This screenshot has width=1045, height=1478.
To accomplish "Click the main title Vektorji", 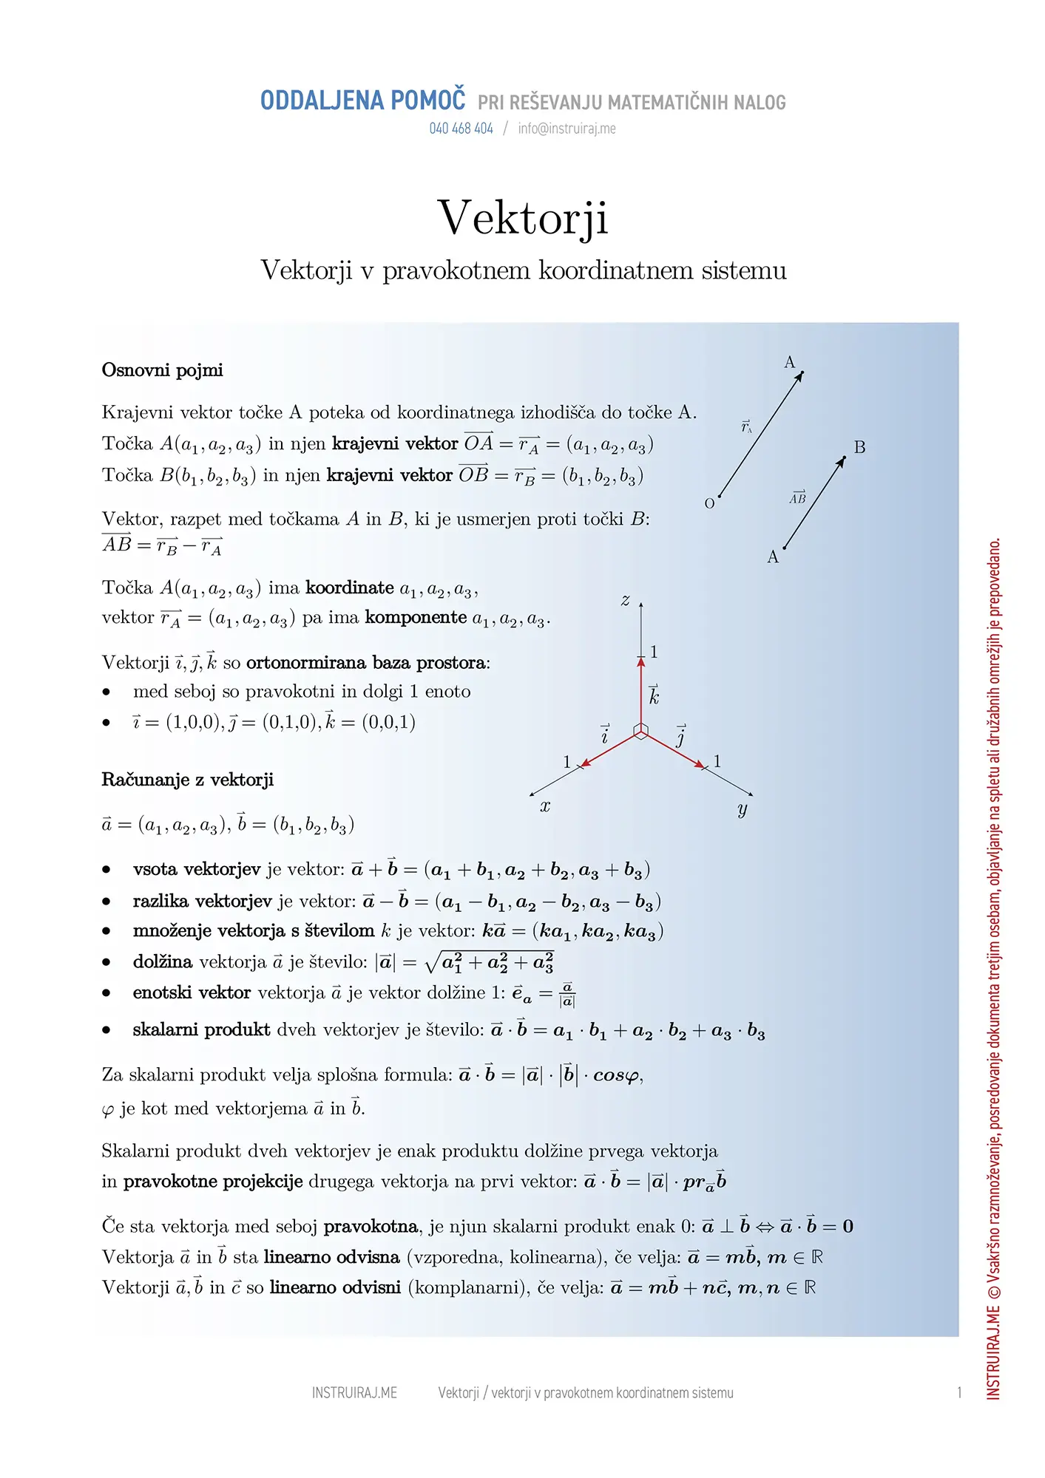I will coord(523,218).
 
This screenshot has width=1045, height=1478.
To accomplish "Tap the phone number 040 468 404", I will coord(461,129).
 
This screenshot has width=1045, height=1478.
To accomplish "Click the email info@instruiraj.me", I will coord(567,129).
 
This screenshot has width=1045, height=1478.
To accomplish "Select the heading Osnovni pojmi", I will coord(162,369).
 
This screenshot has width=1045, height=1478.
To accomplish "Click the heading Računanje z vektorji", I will coord(187,780).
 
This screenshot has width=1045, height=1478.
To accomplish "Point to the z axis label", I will coord(625,600).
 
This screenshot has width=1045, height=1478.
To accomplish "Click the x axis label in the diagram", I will coord(545,806).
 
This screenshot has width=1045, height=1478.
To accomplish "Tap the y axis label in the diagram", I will coord(743,809).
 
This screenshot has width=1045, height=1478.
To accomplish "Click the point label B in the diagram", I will coord(859,447).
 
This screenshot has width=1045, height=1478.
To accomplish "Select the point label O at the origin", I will coord(709,504).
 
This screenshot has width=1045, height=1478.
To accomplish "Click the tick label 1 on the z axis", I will coord(654,652).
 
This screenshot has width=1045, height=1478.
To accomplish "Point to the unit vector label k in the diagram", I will coord(654,695).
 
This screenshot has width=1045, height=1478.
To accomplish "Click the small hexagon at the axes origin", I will coord(641,731).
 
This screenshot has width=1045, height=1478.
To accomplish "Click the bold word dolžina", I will coord(163,961).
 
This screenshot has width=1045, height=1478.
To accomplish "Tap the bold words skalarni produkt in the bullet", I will coord(201,1029).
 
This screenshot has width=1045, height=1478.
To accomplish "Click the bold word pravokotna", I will coord(371,1226).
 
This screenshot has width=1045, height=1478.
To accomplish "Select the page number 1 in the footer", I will coord(959,1393).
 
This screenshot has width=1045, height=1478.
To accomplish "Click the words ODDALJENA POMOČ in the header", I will coord(362,101).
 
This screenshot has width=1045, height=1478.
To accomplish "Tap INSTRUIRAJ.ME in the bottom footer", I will coord(354,1393).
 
